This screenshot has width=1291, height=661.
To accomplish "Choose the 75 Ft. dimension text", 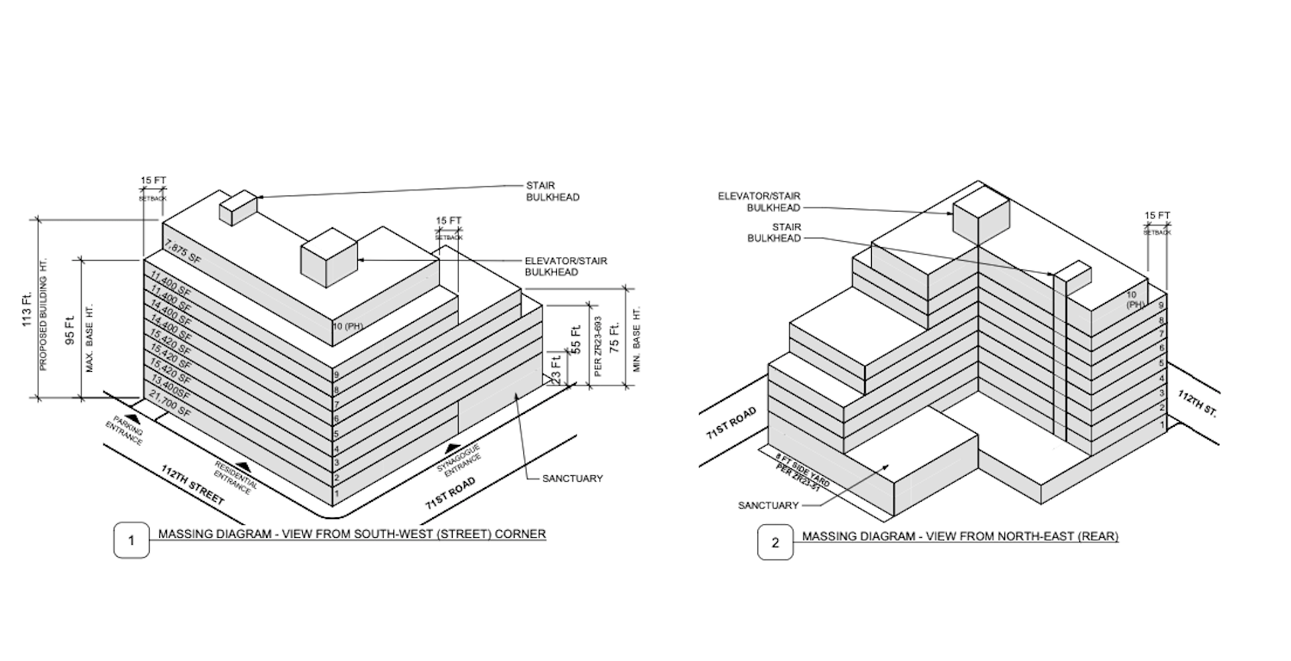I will [615, 337].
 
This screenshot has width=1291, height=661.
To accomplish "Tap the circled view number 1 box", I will [132, 541].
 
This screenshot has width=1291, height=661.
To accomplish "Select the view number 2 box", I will [775, 543].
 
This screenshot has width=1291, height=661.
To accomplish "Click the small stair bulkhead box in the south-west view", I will [239, 207].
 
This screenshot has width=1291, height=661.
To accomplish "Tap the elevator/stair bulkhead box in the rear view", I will [980, 214].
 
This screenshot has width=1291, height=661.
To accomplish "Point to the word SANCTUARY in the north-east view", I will [768, 505].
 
